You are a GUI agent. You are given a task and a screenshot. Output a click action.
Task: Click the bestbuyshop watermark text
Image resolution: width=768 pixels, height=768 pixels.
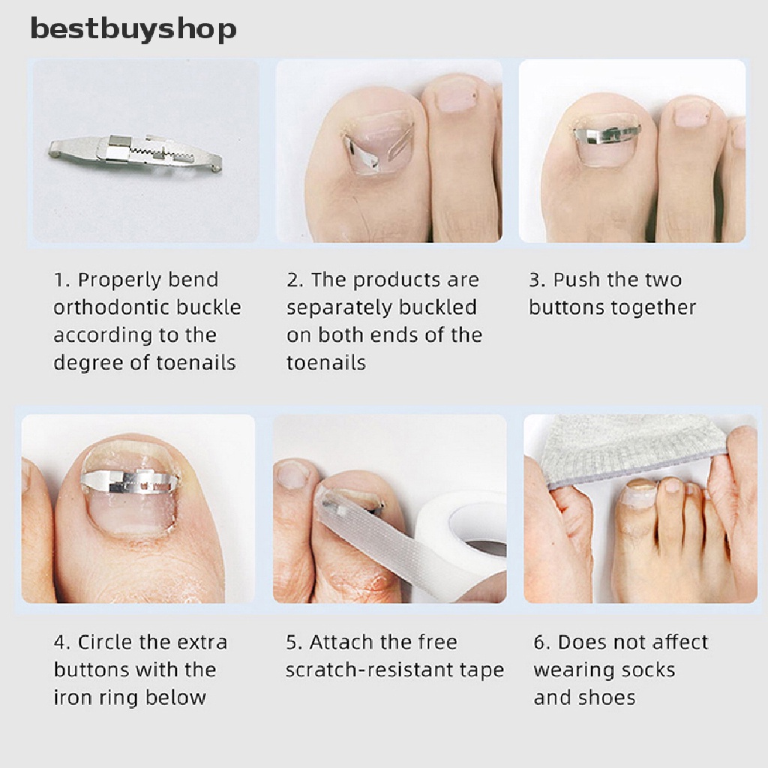point(133,29)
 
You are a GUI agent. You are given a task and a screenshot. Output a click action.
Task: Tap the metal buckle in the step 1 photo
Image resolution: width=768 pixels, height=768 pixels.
point(136,152)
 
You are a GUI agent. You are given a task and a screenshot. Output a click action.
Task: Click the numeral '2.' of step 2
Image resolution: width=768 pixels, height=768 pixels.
point(295,280)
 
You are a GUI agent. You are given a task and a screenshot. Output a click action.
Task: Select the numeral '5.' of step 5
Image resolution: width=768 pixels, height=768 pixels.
point(294,642)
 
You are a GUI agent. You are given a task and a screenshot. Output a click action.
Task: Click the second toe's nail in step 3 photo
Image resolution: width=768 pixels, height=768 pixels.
point(691,115)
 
